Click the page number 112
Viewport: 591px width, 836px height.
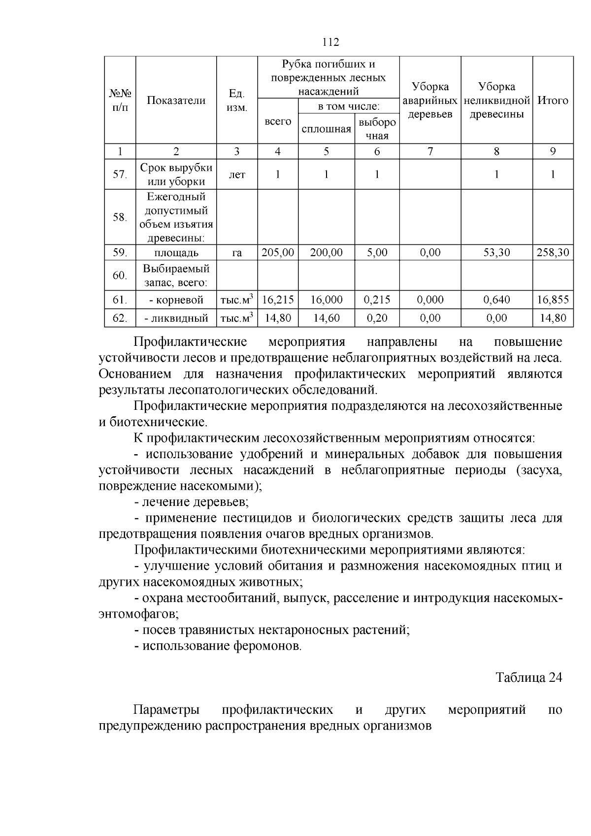point(330,42)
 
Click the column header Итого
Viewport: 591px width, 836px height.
point(553,100)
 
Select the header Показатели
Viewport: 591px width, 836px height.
point(176,100)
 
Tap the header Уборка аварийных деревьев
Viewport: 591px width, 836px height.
point(430,100)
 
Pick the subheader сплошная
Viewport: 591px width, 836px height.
point(326,129)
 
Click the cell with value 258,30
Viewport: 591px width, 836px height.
point(553,253)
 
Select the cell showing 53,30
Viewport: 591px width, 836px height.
point(496,253)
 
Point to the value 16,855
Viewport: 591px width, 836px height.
point(553,300)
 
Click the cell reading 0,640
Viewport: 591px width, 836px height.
point(496,300)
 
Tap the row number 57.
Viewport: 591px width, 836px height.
point(120,174)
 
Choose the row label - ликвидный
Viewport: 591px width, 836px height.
point(176,318)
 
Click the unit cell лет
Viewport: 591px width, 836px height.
point(237,174)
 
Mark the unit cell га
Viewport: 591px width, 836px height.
point(237,253)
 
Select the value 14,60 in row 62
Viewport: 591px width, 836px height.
point(326,318)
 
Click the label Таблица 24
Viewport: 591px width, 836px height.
point(528,677)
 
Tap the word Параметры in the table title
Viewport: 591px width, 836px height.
point(166,710)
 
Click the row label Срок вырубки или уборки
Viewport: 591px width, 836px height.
point(176,174)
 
